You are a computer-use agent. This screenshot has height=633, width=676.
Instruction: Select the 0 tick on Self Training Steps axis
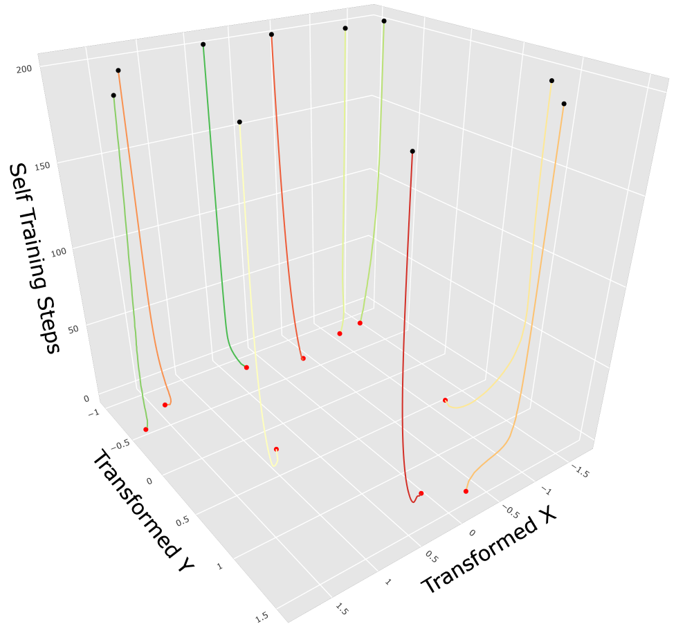[86, 398]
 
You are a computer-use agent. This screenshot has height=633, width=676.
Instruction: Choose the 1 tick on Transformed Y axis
[220, 567]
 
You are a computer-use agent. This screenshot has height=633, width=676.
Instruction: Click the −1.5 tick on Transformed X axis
[579, 472]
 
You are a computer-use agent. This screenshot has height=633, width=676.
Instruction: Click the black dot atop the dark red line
[412, 151]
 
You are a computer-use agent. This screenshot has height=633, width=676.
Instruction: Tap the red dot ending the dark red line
[421, 493]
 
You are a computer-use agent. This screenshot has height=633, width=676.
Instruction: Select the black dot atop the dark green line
[203, 44]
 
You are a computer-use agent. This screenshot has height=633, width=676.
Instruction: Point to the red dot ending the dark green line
[247, 367]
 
